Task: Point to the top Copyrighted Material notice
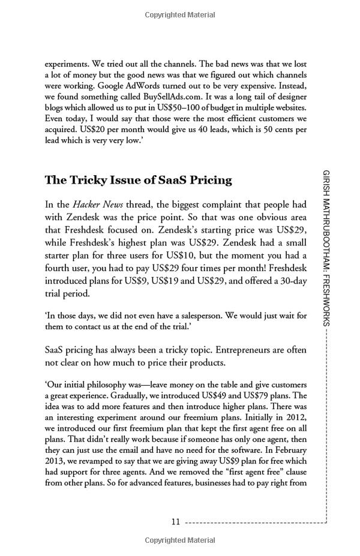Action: point(179,13)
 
